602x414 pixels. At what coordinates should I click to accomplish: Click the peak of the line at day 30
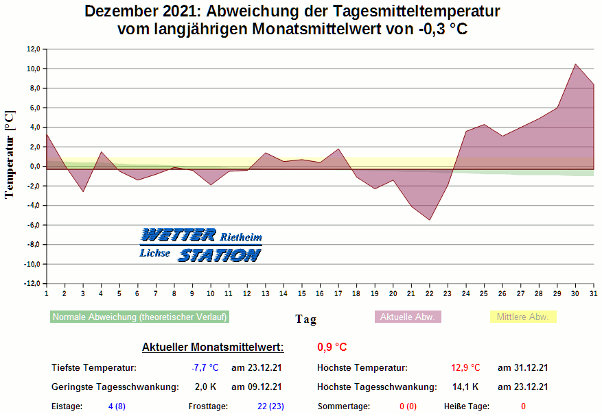(x=575, y=64)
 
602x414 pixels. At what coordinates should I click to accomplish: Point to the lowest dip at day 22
(x=429, y=220)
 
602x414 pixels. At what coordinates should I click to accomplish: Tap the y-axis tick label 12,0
(x=33, y=49)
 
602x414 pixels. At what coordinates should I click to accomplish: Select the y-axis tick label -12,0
(x=32, y=284)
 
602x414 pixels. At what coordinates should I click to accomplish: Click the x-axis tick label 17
(x=338, y=293)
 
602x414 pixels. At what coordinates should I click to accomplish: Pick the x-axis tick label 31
(x=593, y=293)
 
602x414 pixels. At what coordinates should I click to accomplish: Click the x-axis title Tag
(x=305, y=319)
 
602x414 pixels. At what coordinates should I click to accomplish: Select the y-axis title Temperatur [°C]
(x=10, y=154)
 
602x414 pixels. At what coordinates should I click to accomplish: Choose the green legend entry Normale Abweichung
(x=139, y=317)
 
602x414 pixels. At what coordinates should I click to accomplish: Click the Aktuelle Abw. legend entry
(x=408, y=317)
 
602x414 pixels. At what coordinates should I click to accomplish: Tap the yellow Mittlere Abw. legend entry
(x=522, y=317)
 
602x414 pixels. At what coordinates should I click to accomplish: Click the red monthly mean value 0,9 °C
(x=332, y=347)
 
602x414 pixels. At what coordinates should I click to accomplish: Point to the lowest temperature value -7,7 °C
(x=205, y=368)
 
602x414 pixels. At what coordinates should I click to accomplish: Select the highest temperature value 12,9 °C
(x=465, y=368)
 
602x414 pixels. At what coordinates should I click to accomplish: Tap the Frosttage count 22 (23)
(x=270, y=406)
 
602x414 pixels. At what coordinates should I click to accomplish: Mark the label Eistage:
(x=67, y=406)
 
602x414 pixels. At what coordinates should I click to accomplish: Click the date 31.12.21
(x=522, y=368)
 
